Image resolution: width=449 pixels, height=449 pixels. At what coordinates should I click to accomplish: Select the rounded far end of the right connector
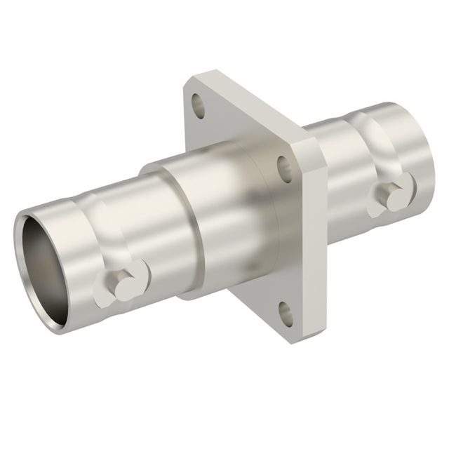(x=421, y=147)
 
